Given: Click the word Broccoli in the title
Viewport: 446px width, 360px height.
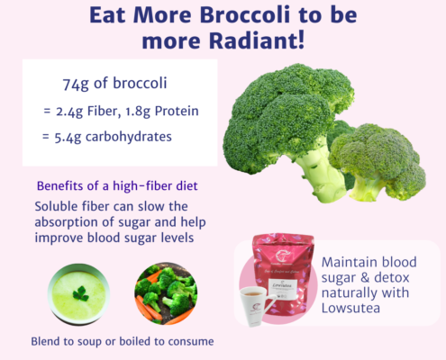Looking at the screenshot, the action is (x=245, y=15).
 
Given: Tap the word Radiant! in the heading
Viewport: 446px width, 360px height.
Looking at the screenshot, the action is (x=257, y=40).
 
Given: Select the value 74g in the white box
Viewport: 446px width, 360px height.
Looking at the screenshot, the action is (x=76, y=84).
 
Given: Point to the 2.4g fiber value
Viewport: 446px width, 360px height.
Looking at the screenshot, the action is (x=69, y=112).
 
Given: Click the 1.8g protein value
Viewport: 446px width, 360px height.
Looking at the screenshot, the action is (x=138, y=112).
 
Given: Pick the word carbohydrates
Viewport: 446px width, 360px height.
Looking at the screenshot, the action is (x=129, y=137).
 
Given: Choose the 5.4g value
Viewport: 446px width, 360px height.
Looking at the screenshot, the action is (x=68, y=138).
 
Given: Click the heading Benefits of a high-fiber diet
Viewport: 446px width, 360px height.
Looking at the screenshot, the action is (x=117, y=186).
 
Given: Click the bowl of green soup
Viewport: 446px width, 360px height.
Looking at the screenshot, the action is (x=78, y=294).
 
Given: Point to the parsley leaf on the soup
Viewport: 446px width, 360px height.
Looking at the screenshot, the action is (x=81, y=294).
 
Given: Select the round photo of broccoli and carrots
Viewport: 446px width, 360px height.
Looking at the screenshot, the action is (x=166, y=293).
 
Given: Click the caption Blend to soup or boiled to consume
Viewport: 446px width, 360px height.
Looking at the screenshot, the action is (x=123, y=342).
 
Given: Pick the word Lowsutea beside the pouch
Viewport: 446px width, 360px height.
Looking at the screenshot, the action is (x=350, y=308).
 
